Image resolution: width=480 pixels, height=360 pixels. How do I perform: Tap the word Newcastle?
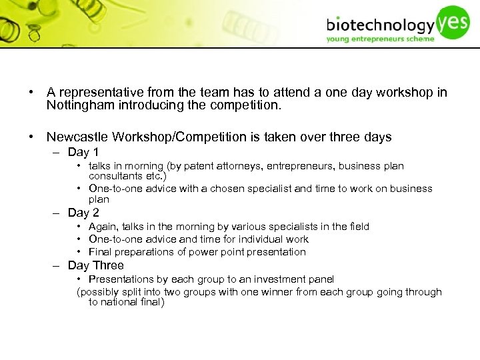pyautogui.click(x=77, y=137)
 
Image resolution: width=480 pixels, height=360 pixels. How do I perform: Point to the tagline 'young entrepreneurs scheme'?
pyautogui.click(x=380, y=39)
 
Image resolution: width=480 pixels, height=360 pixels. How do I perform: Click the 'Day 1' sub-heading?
pyautogui.click(x=83, y=152)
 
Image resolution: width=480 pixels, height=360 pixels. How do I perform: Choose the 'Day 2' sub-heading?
pyautogui.click(x=83, y=213)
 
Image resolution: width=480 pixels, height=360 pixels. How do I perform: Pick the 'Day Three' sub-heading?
pyautogui.click(x=95, y=265)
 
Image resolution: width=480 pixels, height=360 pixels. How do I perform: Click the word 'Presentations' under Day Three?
pyautogui.click(x=120, y=279)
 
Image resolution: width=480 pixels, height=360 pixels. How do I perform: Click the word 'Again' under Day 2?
pyautogui.click(x=103, y=227)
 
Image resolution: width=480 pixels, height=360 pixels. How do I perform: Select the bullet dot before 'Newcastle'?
pyautogui.click(x=31, y=137)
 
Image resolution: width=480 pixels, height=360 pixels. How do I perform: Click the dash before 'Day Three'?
pyautogui.click(x=58, y=265)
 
